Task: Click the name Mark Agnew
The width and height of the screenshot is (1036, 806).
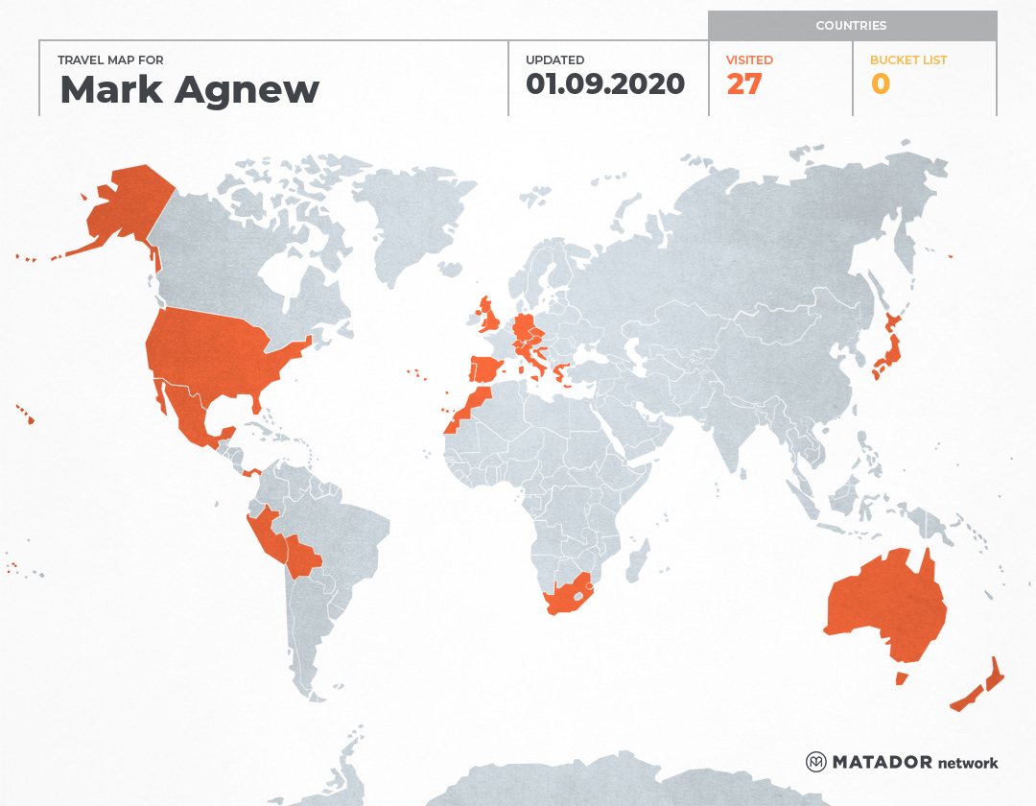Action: (189, 89)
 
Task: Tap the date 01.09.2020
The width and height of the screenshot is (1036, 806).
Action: (604, 84)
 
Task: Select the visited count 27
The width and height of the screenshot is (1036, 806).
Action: (744, 84)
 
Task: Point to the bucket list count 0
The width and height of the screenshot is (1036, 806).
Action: (880, 84)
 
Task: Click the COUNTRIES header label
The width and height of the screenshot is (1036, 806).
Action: (851, 26)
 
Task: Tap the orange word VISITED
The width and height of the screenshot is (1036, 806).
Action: (749, 59)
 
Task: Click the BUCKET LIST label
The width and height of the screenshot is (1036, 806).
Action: (907, 59)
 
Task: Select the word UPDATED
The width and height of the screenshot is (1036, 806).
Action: (554, 59)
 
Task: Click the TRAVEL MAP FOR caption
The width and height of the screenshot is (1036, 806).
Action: (110, 59)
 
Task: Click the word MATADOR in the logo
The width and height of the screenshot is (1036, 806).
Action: (882, 762)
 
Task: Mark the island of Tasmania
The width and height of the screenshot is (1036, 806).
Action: (902, 678)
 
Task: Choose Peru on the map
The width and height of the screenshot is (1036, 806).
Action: (264, 537)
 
